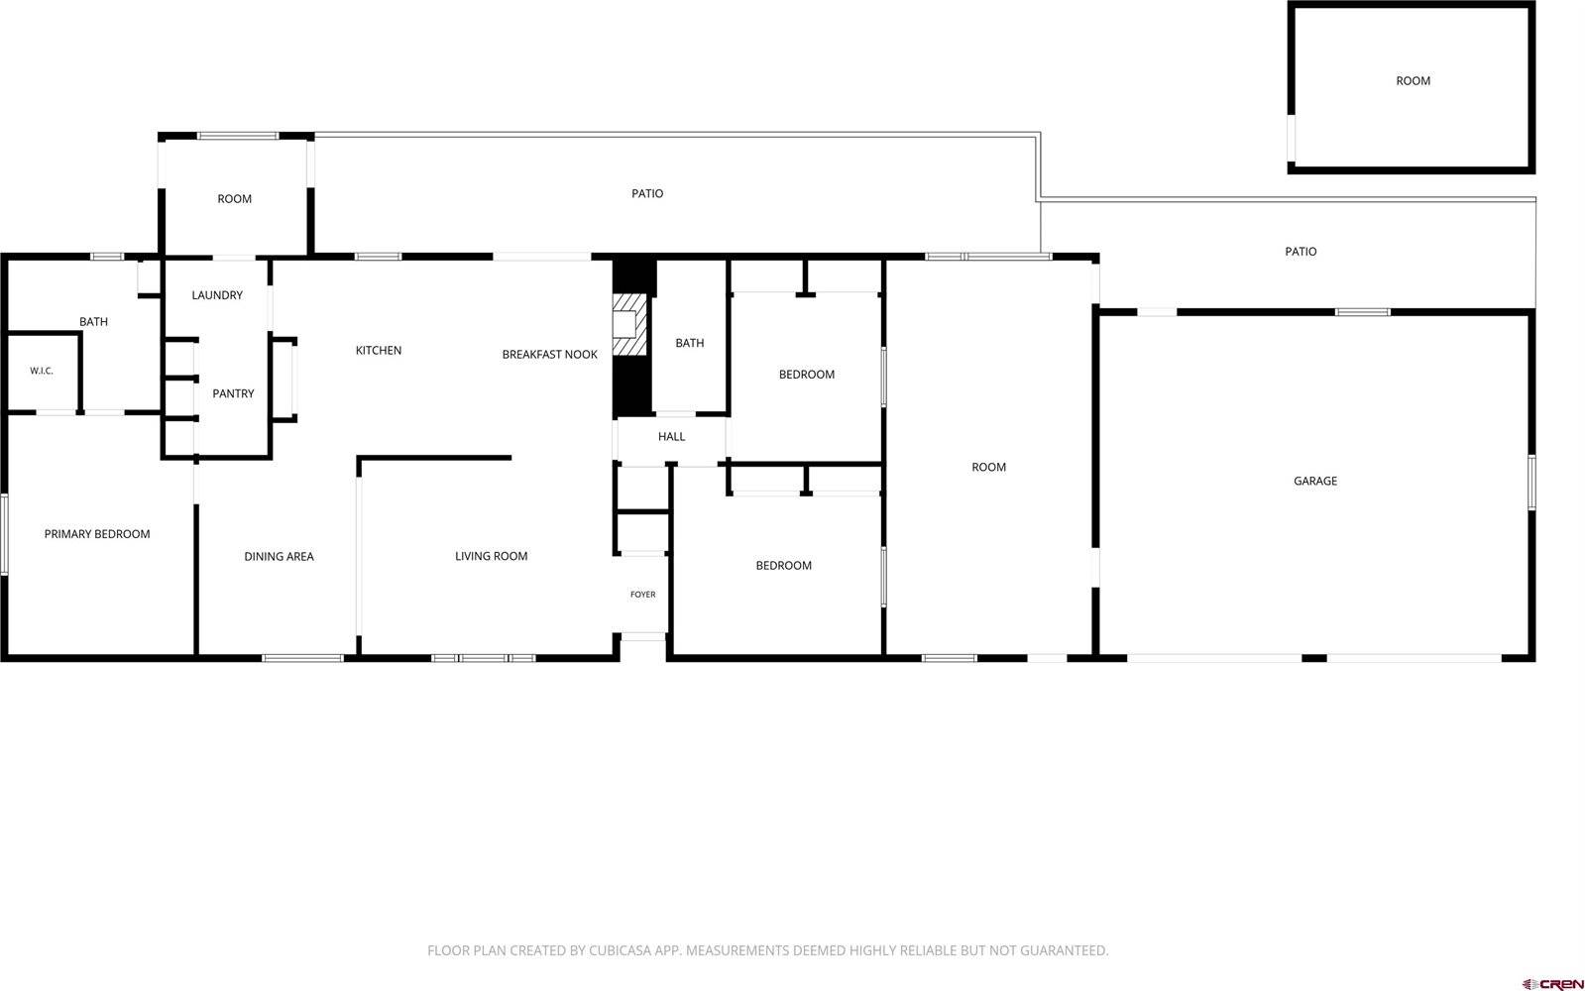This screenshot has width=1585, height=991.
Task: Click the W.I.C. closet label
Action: (x=41, y=371)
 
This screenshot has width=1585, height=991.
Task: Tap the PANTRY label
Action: (x=233, y=393)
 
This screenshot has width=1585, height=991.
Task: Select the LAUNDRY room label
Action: (x=217, y=295)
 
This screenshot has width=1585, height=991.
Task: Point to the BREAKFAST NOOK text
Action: (x=550, y=355)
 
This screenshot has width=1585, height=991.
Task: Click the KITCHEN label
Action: (x=379, y=350)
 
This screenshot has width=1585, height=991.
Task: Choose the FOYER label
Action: (x=642, y=595)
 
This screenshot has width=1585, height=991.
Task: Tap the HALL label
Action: (x=671, y=436)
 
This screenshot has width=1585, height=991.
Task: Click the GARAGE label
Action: (x=1315, y=481)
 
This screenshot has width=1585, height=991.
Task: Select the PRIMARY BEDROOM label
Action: (x=97, y=534)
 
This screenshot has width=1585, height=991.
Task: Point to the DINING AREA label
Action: (x=279, y=557)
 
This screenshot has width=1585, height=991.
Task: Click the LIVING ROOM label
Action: (x=491, y=556)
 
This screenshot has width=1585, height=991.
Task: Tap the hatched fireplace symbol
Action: (x=629, y=325)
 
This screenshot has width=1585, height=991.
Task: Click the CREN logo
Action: (x=1552, y=984)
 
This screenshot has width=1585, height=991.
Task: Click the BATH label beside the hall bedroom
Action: (x=690, y=343)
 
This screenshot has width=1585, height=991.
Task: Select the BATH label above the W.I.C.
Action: (x=93, y=322)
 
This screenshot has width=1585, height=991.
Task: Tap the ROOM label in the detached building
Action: (x=1414, y=80)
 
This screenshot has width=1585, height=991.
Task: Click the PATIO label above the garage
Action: (x=1301, y=251)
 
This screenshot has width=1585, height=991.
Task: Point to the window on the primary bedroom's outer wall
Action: (x=4, y=534)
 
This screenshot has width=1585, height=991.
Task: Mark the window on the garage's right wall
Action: (x=1531, y=483)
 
